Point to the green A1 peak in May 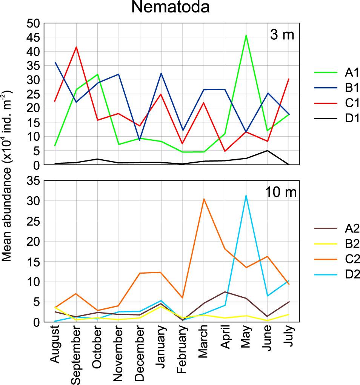pyautogui.click(x=246, y=35)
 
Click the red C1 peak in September pyautogui.click(x=76, y=47)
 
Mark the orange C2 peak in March pyautogui.click(x=204, y=199)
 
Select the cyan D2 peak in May pyautogui.click(x=246, y=196)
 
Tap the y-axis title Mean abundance pyautogui.click(x=8, y=175)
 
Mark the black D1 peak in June pyautogui.click(x=268, y=151)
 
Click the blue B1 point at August pyautogui.click(x=55, y=62)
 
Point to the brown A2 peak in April pyautogui.click(x=225, y=292)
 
